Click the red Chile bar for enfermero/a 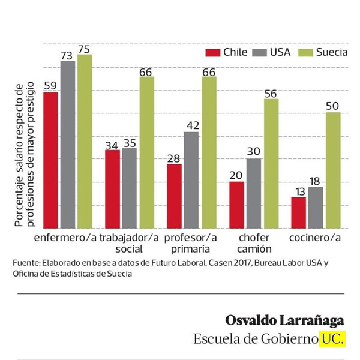point(51,160)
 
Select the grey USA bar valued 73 point(68,144)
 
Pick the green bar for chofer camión point(271,163)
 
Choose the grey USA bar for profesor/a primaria point(191,179)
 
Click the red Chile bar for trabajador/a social point(113,188)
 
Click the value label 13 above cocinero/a point(298,191)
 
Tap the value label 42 point(191,126)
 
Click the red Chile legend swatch point(213,52)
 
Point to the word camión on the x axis point(254,248)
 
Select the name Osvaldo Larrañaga point(285,319)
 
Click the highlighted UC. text point(333,338)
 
